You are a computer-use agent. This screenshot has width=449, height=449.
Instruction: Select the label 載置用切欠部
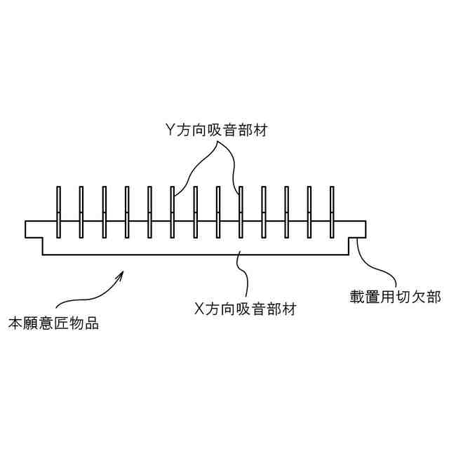pos(396,297)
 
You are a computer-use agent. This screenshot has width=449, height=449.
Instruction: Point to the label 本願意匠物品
pos(53,324)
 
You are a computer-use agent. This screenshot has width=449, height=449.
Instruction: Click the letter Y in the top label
pos(169,130)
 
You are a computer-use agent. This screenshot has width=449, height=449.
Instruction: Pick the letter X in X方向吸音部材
pos(199,307)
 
